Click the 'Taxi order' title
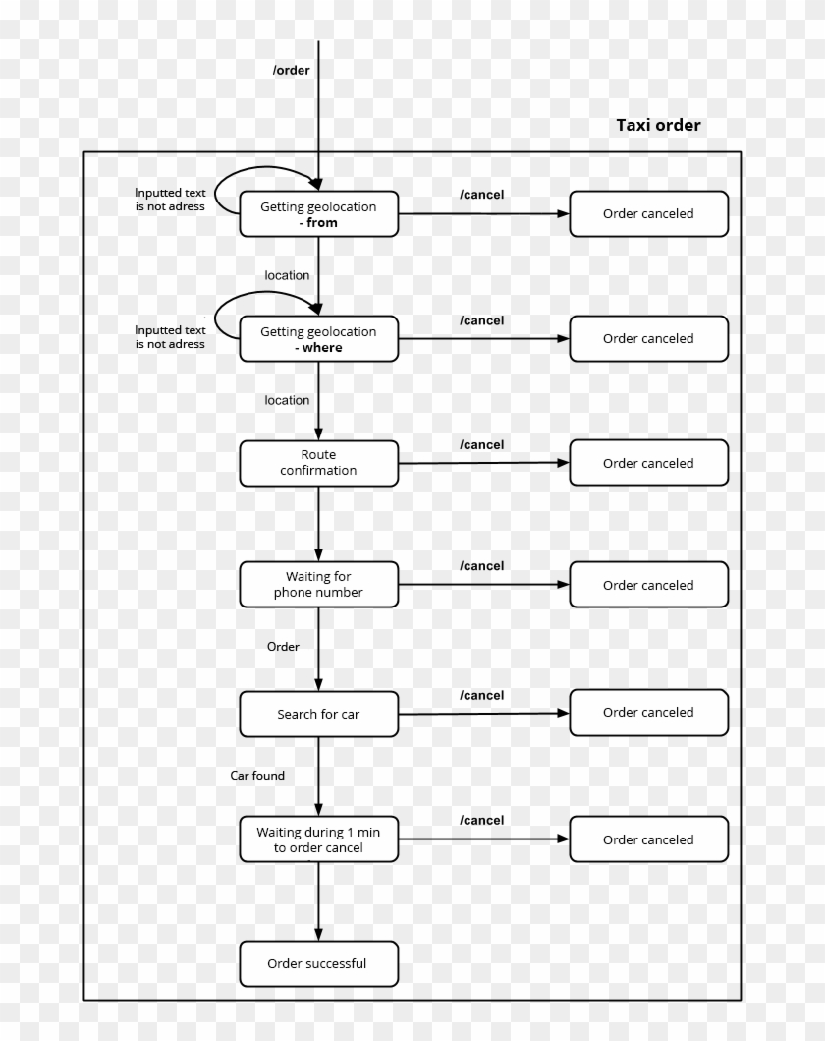658,125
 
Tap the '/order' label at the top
291,70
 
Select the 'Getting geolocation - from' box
318,214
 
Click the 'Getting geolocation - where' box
318,339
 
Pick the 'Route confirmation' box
318,463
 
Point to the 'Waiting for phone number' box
318,585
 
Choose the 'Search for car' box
318,714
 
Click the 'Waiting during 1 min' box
318,839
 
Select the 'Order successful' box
318,963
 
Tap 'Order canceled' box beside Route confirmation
648,463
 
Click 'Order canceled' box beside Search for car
648,713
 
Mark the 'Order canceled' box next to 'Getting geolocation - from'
648,214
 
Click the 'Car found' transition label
257,776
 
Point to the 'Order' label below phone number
283,647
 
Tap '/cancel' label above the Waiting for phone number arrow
481,566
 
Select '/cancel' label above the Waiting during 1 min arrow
481,821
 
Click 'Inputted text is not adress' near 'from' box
170,200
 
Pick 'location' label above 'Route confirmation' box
287,400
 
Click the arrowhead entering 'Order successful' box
318,935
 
